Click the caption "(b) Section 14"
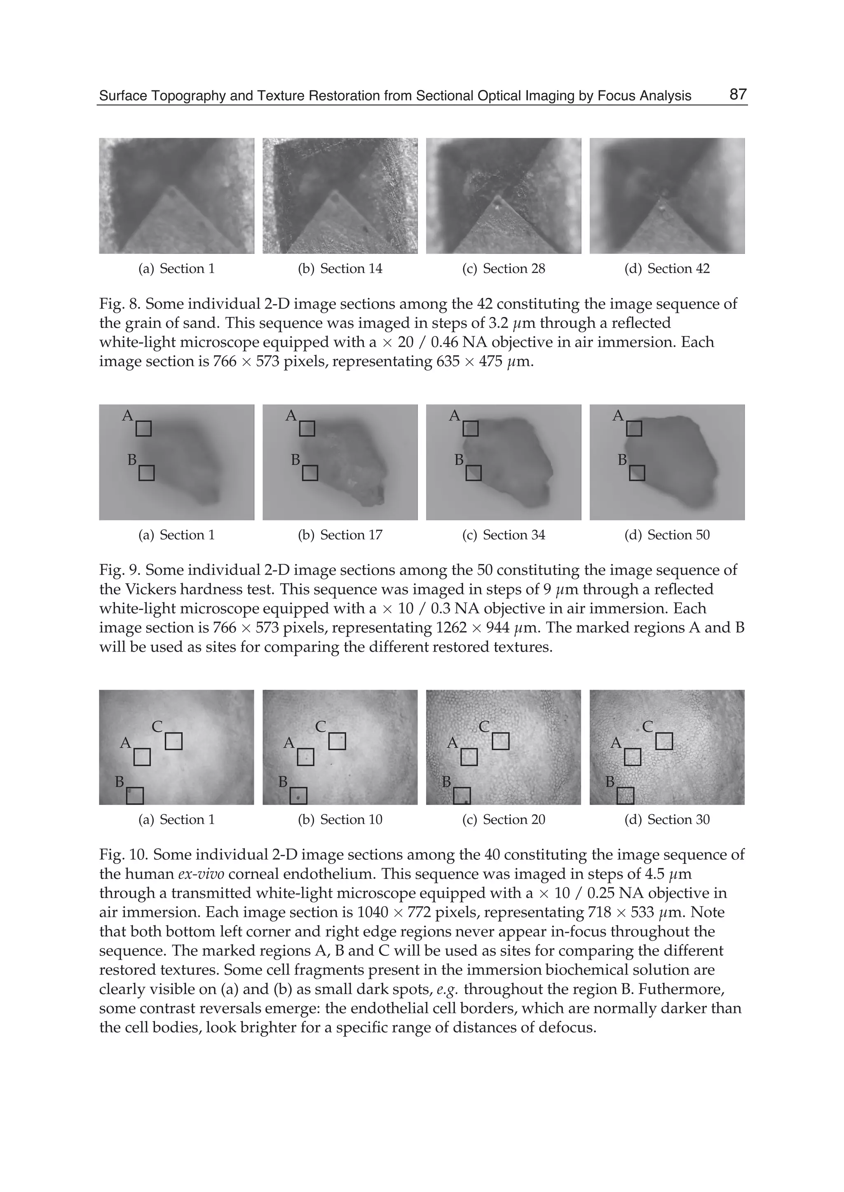[340, 269]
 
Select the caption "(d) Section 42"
[667, 269]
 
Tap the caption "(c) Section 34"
[503, 535]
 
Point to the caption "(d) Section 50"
[667, 535]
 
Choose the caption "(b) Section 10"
[340, 819]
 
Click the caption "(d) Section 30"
[667, 819]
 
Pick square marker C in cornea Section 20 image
[500, 741]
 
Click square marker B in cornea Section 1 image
[135, 795]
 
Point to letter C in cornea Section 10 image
[321, 727]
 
